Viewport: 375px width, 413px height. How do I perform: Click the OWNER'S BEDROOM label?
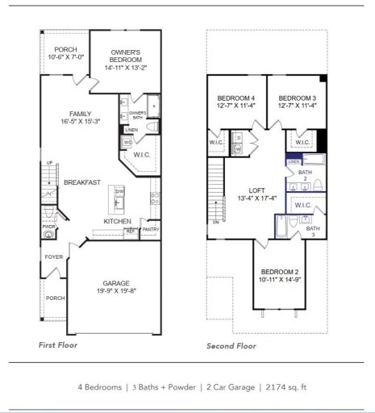click(125, 55)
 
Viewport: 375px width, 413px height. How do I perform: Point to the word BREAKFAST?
click(81, 182)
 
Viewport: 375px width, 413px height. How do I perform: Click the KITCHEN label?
click(117, 221)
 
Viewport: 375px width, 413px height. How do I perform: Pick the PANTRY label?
click(150, 230)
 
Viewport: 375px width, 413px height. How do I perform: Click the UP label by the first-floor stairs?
click(48, 163)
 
